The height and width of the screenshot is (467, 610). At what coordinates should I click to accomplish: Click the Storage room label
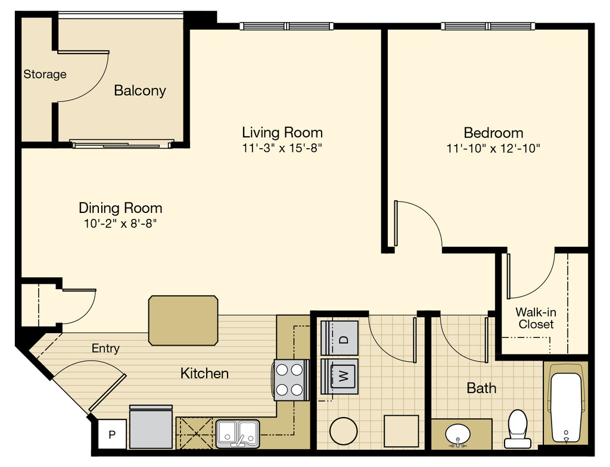(x=45, y=74)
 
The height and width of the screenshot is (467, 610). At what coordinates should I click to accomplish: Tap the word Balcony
(x=140, y=90)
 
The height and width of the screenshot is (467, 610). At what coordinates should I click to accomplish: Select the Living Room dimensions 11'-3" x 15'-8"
(x=282, y=148)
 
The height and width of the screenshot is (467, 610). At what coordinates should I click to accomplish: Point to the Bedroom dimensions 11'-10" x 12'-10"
(x=493, y=148)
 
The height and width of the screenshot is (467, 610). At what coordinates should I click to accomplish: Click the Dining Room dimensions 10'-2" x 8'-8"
(x=120, y=224)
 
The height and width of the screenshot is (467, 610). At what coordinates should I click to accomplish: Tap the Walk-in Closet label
(x=536, y=318)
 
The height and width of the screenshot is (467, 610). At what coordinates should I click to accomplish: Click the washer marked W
(x=339, y=377)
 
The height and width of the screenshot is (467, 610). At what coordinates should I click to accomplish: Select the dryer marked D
(x=339, y=338)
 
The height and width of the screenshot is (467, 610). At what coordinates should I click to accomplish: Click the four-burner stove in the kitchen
(x=291, y=380)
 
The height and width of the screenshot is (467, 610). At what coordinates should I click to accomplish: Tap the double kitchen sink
(x=238, y=433)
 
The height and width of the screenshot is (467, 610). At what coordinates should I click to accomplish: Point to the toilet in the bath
(x=518, y=428)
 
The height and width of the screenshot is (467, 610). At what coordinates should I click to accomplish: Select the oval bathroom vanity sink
(x=458, y=435)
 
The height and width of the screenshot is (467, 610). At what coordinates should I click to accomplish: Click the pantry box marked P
(x=111, y=434)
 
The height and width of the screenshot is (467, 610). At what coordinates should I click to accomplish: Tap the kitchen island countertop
(x=183, y=321)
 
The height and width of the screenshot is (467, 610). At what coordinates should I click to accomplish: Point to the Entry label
(x=105, y=348)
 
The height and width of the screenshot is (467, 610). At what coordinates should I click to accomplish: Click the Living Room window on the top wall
(x=287, y=26)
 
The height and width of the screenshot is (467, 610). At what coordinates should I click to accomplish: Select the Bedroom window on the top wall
(x=488, y=26)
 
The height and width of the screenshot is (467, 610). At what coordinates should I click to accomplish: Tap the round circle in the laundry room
(x=344, y=431)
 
